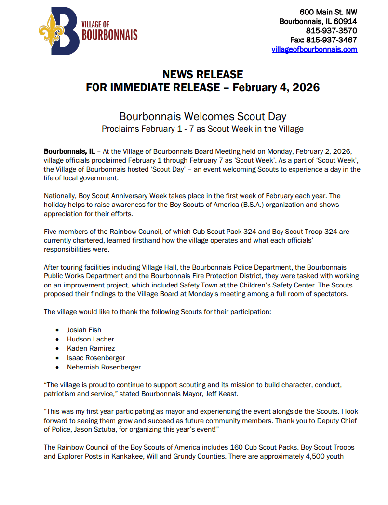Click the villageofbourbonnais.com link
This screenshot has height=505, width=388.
coord(314,49)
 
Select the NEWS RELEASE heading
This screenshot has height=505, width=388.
coord(202,74)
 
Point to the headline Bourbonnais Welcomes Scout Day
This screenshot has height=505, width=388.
coord(202,116)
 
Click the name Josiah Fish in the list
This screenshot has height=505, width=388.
coord(84,330)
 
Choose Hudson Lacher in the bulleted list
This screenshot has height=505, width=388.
coord(90,339)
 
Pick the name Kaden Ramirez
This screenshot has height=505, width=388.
coord(91,348)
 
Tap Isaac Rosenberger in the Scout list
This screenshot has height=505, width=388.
coord(96,358)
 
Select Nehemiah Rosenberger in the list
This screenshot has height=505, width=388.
coord(104,367)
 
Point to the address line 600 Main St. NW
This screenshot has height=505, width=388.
coord(328,12)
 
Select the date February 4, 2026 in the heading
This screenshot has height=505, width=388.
coord(276,88)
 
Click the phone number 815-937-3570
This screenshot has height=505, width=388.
coord(331,31)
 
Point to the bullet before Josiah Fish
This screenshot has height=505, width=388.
coord(57,330)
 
